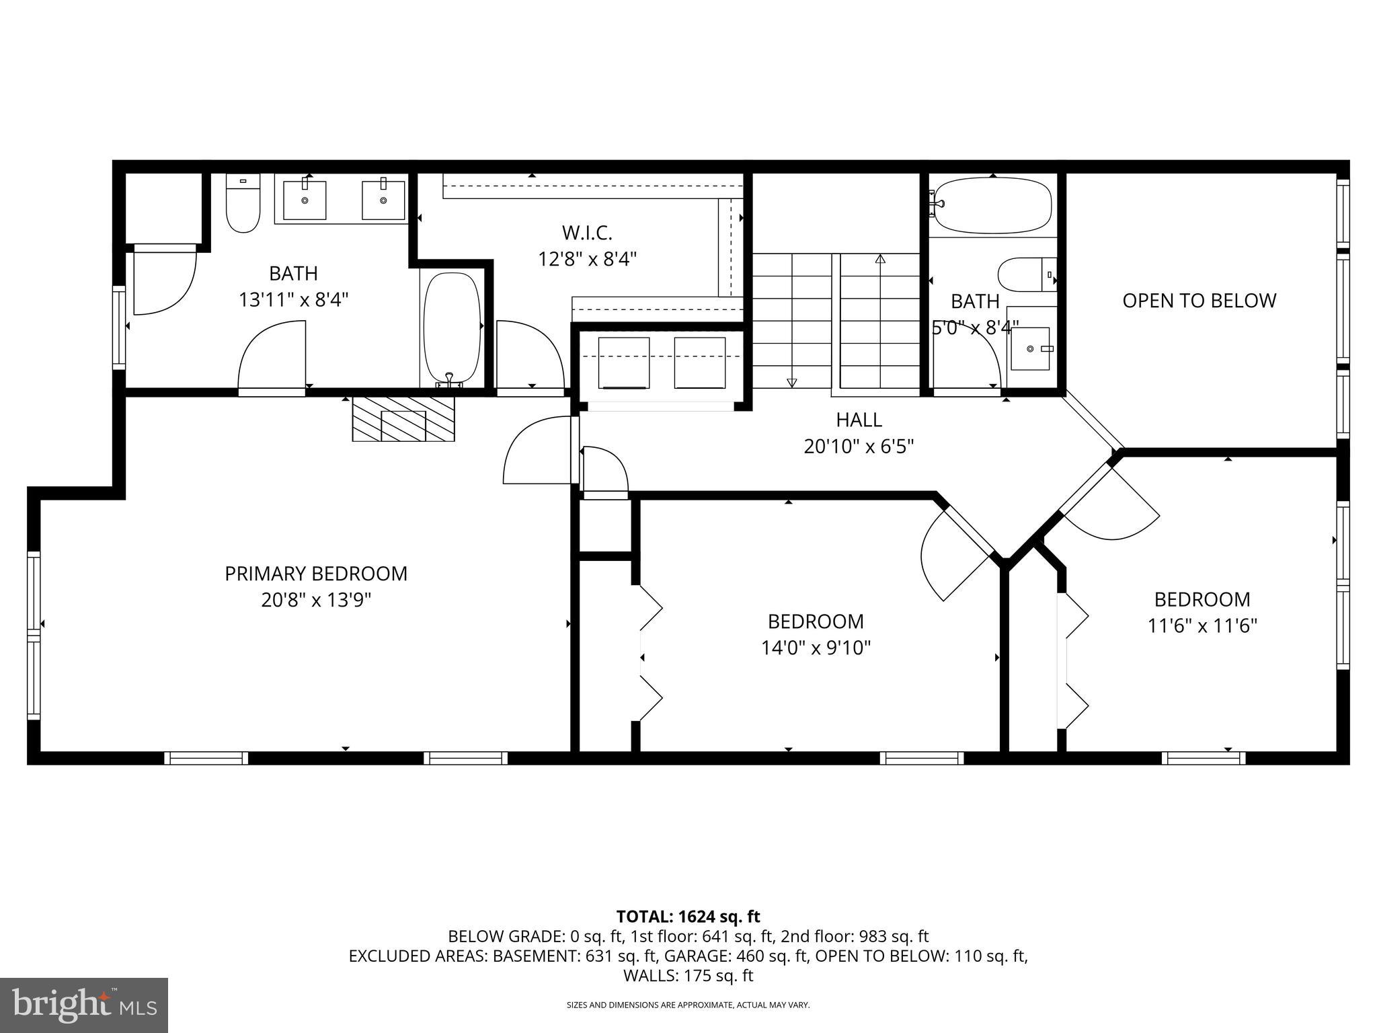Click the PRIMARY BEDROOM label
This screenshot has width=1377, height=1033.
tap(316, 574)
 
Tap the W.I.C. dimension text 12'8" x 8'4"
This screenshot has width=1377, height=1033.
tap(587, 259)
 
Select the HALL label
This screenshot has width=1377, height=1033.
tap(859, 420)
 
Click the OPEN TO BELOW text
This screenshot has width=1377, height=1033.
tap(1199, 301)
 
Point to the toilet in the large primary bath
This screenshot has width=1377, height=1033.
tap(243, 204)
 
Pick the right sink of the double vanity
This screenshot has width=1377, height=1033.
tap(383, 200)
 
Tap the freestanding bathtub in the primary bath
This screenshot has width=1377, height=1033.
tap(452, 328)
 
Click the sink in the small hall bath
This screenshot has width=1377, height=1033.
tap(1030, 348)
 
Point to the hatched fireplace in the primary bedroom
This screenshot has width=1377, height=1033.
tap(403, 419)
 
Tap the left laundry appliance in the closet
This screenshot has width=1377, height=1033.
tap(623, 363)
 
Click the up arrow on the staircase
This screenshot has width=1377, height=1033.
tap(880, 259)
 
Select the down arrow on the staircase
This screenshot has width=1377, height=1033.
tap(791, 383)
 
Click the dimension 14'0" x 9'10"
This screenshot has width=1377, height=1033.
tap(816, 648)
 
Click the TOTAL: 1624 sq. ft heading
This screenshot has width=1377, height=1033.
tap(688, 916)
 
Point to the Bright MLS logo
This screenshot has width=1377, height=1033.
tap(84, 1005)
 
